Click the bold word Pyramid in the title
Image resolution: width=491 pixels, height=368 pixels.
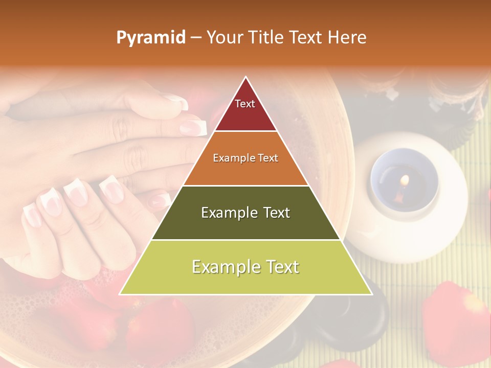[150, 38]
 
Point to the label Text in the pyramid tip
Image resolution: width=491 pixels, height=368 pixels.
[245, 104]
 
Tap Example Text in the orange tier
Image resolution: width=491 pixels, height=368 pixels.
[245, 158]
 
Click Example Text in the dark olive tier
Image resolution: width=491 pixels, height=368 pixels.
[245, 213]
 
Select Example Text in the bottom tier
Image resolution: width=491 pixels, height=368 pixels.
[245, 267]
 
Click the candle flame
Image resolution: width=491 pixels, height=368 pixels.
[405, 180]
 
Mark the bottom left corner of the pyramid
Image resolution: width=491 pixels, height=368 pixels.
[120, 294]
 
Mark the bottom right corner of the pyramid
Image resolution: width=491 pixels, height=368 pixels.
[372, 294]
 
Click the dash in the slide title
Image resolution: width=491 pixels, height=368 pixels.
[195, 38]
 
